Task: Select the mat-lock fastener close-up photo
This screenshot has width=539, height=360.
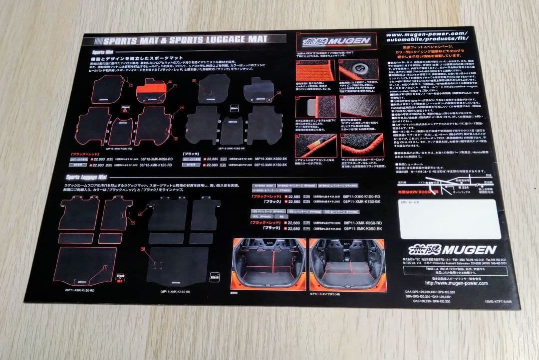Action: [359, 70]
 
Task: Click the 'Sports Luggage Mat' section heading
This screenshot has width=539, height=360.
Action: [86, 177]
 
